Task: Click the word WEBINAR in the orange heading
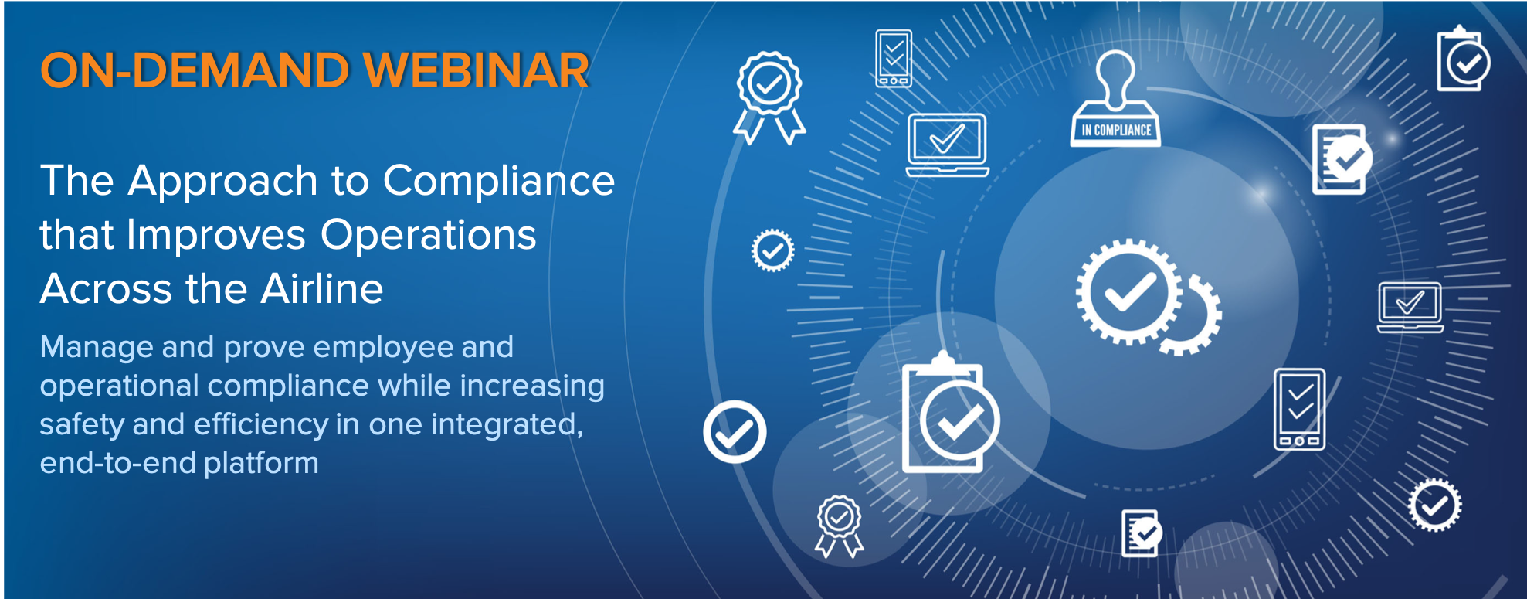476,71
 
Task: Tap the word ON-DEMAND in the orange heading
195,71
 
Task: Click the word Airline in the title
321,290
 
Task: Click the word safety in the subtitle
82,424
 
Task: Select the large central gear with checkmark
1128,292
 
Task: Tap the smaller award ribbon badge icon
839,525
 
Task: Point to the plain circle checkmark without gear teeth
735,431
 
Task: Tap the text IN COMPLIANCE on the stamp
1116,131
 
